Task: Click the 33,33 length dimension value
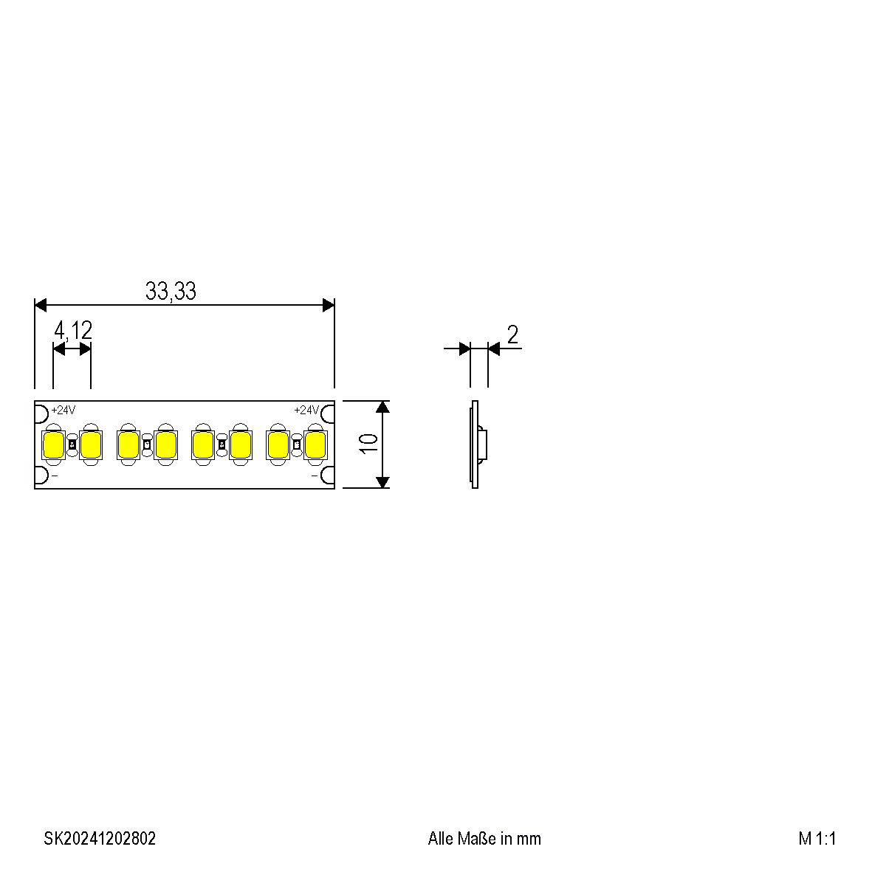171,292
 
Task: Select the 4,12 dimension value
72,331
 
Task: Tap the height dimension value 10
368,443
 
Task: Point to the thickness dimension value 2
512,334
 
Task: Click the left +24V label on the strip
63,411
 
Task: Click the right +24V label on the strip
306,411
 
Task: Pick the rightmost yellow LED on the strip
315,444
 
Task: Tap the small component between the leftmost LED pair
72,444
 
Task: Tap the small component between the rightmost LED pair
297,444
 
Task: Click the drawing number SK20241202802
100,839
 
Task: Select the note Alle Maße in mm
484,839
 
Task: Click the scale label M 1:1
817,839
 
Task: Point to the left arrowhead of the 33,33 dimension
41,305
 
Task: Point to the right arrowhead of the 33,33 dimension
329,305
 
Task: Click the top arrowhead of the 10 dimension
382,407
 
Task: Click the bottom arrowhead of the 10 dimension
382,482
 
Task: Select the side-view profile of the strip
476,444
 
